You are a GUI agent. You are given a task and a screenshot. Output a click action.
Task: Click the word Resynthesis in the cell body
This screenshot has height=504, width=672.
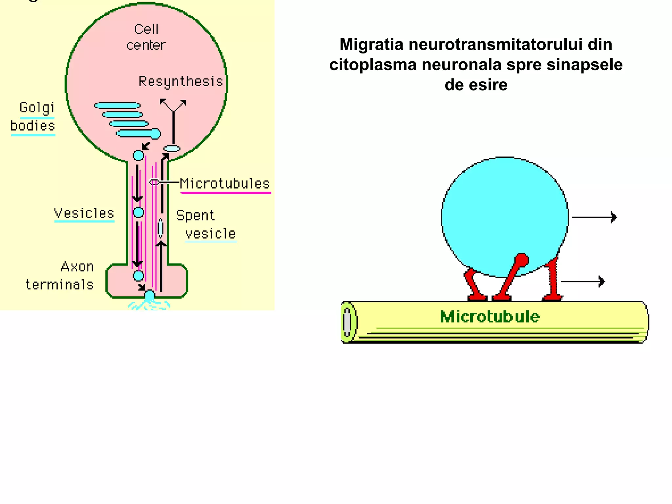tap(181, 81)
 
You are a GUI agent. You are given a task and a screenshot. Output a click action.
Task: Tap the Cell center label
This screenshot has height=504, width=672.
tap(146, 37)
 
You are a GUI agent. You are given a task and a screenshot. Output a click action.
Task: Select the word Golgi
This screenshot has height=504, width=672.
tap(37, 108)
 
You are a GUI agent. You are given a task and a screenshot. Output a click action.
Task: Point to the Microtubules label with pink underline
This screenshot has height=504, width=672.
tap(225, 184)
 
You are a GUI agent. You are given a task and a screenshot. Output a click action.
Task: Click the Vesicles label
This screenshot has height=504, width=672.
tap(84, 213)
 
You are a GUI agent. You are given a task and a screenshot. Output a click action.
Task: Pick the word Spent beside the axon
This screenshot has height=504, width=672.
tap(195, 216)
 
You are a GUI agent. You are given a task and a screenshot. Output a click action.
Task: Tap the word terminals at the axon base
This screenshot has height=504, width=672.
tap(60, 284)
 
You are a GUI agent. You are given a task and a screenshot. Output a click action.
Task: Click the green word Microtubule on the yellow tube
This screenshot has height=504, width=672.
tap(490, 317)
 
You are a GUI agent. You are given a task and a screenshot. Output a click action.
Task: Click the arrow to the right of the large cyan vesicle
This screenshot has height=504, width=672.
tap(594, 217)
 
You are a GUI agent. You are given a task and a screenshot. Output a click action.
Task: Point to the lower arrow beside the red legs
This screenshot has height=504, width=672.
tap(583, 281)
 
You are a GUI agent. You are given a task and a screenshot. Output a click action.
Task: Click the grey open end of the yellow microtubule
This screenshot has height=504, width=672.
tap(347, 322)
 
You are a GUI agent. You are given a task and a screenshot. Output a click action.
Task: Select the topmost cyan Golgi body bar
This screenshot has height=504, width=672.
tap(117, 106)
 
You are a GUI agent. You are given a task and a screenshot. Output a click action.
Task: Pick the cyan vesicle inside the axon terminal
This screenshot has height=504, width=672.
tap(138, 276)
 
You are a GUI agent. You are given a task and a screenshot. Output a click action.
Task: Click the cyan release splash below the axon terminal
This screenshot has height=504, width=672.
tap(149, 304)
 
